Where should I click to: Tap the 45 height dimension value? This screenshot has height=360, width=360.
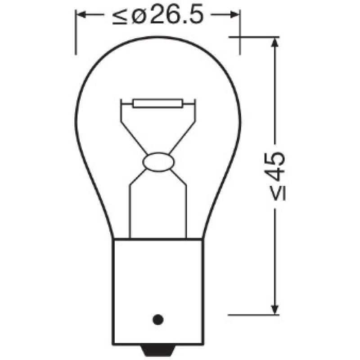(x=274, y=165)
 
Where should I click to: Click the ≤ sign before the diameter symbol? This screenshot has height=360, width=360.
(x=120, y=17)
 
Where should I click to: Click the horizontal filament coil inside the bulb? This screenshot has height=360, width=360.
(x=157, y=104)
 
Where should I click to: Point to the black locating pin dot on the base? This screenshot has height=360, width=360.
(x=157, y=319)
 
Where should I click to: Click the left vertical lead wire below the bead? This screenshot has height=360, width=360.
(x=130, y=211)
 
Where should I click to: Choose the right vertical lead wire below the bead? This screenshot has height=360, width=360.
(x=186, y=211)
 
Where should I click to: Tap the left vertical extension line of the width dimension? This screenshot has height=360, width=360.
(x=76, y=34)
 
